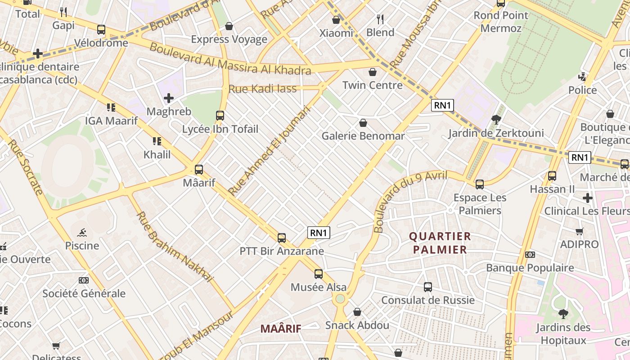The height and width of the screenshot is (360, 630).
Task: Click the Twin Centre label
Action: [372, 85]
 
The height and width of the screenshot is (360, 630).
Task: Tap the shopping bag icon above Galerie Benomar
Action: [363, 123]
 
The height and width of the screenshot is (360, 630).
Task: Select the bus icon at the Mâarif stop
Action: [199, 170]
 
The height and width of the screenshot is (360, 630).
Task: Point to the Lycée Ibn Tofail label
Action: [220, 129]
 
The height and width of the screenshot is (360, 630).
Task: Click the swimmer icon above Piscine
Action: [82, 233]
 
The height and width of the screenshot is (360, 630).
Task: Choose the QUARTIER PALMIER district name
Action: [440, 243]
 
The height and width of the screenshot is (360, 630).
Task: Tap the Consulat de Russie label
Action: [427, 300]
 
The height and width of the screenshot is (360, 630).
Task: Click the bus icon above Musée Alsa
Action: [319, 274]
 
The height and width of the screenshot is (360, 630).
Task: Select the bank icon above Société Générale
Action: [84, 280]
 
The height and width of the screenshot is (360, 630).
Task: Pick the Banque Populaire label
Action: [530, 268]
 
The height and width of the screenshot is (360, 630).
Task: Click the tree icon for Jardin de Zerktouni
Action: [496, 120]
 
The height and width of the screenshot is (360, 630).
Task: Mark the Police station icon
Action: [582, 77]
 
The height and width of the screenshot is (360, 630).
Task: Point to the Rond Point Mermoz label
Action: [500, 22]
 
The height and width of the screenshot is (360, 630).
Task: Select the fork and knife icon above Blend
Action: [380, 19]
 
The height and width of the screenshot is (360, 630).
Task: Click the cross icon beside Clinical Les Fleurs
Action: [587, 198]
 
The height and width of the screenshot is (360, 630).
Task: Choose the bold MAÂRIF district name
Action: [281, 329]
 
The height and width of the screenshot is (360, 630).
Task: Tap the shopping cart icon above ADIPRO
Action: [579, 232]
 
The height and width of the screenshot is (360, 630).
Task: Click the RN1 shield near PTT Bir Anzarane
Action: [319, 233]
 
